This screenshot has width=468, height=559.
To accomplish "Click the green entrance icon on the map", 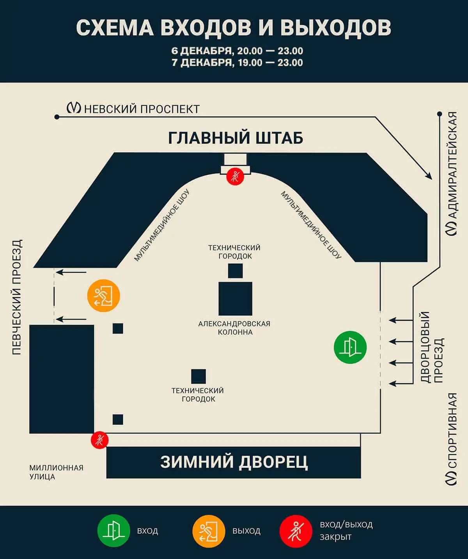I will click(350, 347).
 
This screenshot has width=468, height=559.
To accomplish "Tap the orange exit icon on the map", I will click(103, 295).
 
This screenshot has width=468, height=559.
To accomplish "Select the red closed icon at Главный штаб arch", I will click(235, 176).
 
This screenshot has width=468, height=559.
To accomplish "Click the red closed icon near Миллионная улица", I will click(99, 440).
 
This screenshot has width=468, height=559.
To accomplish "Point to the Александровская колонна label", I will click(234, 328).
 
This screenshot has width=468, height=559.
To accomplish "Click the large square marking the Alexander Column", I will click(235, 298).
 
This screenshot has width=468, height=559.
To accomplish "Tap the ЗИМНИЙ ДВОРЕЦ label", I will click(234, 462).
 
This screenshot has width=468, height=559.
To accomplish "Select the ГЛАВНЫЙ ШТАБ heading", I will click(236, 138).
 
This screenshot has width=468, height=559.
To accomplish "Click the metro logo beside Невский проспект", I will click(74, 108).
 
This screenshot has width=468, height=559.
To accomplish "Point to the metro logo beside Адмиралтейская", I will click(452, 229).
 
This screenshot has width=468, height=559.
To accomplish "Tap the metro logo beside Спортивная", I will click(452, 478).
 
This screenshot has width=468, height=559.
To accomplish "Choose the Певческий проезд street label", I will click(17, 297).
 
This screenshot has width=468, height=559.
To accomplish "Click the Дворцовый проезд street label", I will click(432, 347).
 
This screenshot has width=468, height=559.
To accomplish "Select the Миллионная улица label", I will click(56, 472).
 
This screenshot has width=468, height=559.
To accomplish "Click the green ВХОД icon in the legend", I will click(113, 531).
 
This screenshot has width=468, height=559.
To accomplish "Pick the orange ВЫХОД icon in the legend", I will click(209, 531).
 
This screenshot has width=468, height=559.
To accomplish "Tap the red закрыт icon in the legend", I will click(296, 531).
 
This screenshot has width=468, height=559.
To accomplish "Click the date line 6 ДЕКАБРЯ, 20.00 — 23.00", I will click(237, 51).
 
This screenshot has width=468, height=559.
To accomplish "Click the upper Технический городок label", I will click(234, 252).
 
